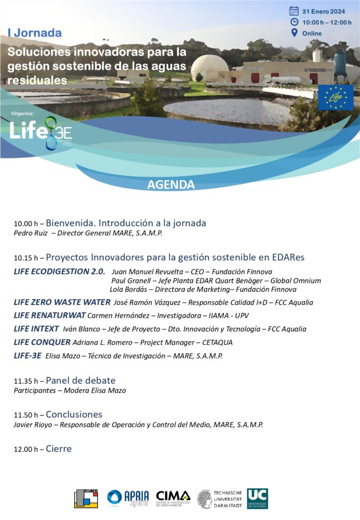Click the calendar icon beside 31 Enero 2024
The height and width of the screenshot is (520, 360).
(x=294, y=11)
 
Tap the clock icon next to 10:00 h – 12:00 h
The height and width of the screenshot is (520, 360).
(x=294, y=22)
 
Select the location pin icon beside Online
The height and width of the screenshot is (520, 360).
(x=294, y=33)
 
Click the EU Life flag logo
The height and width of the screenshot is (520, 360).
(x=336, y=97)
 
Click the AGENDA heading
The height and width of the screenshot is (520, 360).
(x=171, y=184)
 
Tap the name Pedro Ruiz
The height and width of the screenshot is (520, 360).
(x=30, y=233)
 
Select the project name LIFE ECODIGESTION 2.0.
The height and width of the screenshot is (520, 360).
(x=59, y=271)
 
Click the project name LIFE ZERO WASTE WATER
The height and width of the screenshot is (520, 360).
(x=62, y=302)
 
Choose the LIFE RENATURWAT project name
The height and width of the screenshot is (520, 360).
(x=46, y=315)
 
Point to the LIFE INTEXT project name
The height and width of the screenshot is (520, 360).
(x=37, y=329)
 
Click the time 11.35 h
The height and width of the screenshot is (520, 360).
(x=26, y=381)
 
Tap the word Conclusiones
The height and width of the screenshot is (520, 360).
(x=74, y=414)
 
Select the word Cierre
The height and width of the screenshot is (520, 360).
(x=59, y=449)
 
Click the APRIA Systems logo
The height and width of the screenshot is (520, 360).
(x=128, y=498)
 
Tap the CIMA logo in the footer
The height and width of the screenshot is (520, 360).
(x=173, y=498)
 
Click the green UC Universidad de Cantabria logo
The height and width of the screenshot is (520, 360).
(x=257, y=498)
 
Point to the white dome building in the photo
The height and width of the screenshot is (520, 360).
(x=209, y=69)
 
